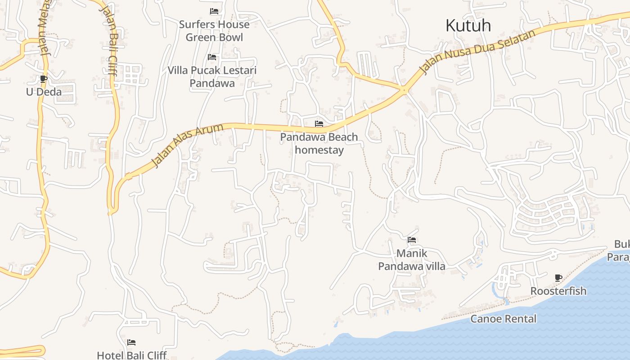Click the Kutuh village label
pos(468,26)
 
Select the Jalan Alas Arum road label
pos(187,146)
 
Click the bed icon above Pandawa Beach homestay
pos(319,124)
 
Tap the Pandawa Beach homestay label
pos(319,144)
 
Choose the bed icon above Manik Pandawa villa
pos(412,240)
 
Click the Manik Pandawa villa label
pos(412,260)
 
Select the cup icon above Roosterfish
pos(558,278)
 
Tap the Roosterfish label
pos(558,291)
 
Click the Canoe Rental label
pos(504,319)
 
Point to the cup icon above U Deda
pos(44,79)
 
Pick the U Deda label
pos(44,92)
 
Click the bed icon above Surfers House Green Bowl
pos(214,11)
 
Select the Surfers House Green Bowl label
pos(214,31)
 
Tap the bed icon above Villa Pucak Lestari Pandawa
pos(212,57)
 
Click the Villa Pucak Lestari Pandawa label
pos(212,76)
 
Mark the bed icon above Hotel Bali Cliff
pos(131,343)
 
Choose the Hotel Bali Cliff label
pos(132,355)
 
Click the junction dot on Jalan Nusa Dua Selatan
pos(405,90)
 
